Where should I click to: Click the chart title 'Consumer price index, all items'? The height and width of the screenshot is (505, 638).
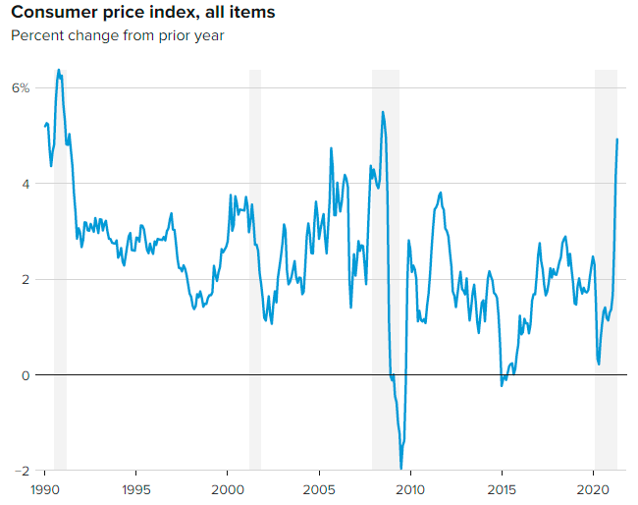(x=142, y=13)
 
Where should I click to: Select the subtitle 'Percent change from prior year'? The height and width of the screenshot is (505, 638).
(x=117, y=36)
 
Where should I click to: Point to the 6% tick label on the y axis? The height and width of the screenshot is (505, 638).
(x=21, y=88)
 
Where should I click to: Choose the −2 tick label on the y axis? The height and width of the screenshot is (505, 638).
(x=21, y=471)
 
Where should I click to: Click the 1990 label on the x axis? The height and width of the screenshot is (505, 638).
(x=44, y=489)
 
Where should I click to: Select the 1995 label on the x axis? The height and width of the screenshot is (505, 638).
(x=135, y=489)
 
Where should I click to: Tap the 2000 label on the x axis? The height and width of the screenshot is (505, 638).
(x=227, y=489)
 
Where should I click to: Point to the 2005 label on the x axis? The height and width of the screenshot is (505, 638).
(x=319, y=489)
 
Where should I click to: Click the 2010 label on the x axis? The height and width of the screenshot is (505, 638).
(x=410, y=489)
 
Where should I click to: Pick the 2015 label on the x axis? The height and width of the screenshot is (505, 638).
(x=502, y=489)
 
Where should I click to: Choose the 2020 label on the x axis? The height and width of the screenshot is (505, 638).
(x=593, y=489)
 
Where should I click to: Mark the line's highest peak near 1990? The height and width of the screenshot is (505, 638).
(x=59, y=70)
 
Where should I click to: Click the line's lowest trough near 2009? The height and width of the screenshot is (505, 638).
(x=400, y=469)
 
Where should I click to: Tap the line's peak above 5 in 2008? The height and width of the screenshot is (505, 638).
(x=382, y=112)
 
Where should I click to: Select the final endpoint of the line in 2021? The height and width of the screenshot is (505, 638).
(x=617, y=140)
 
